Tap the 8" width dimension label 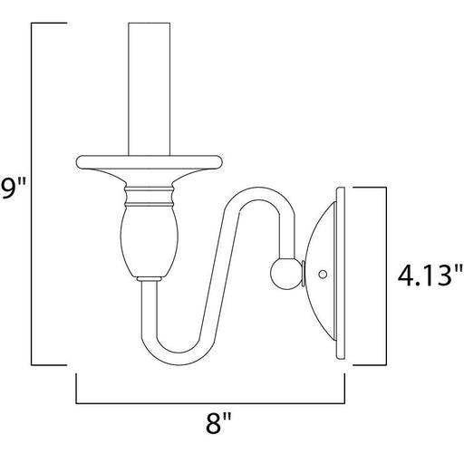218,423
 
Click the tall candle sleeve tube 150,89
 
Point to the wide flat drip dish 150,162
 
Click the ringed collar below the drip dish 150,197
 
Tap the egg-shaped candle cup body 150,242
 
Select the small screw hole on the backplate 323,274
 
